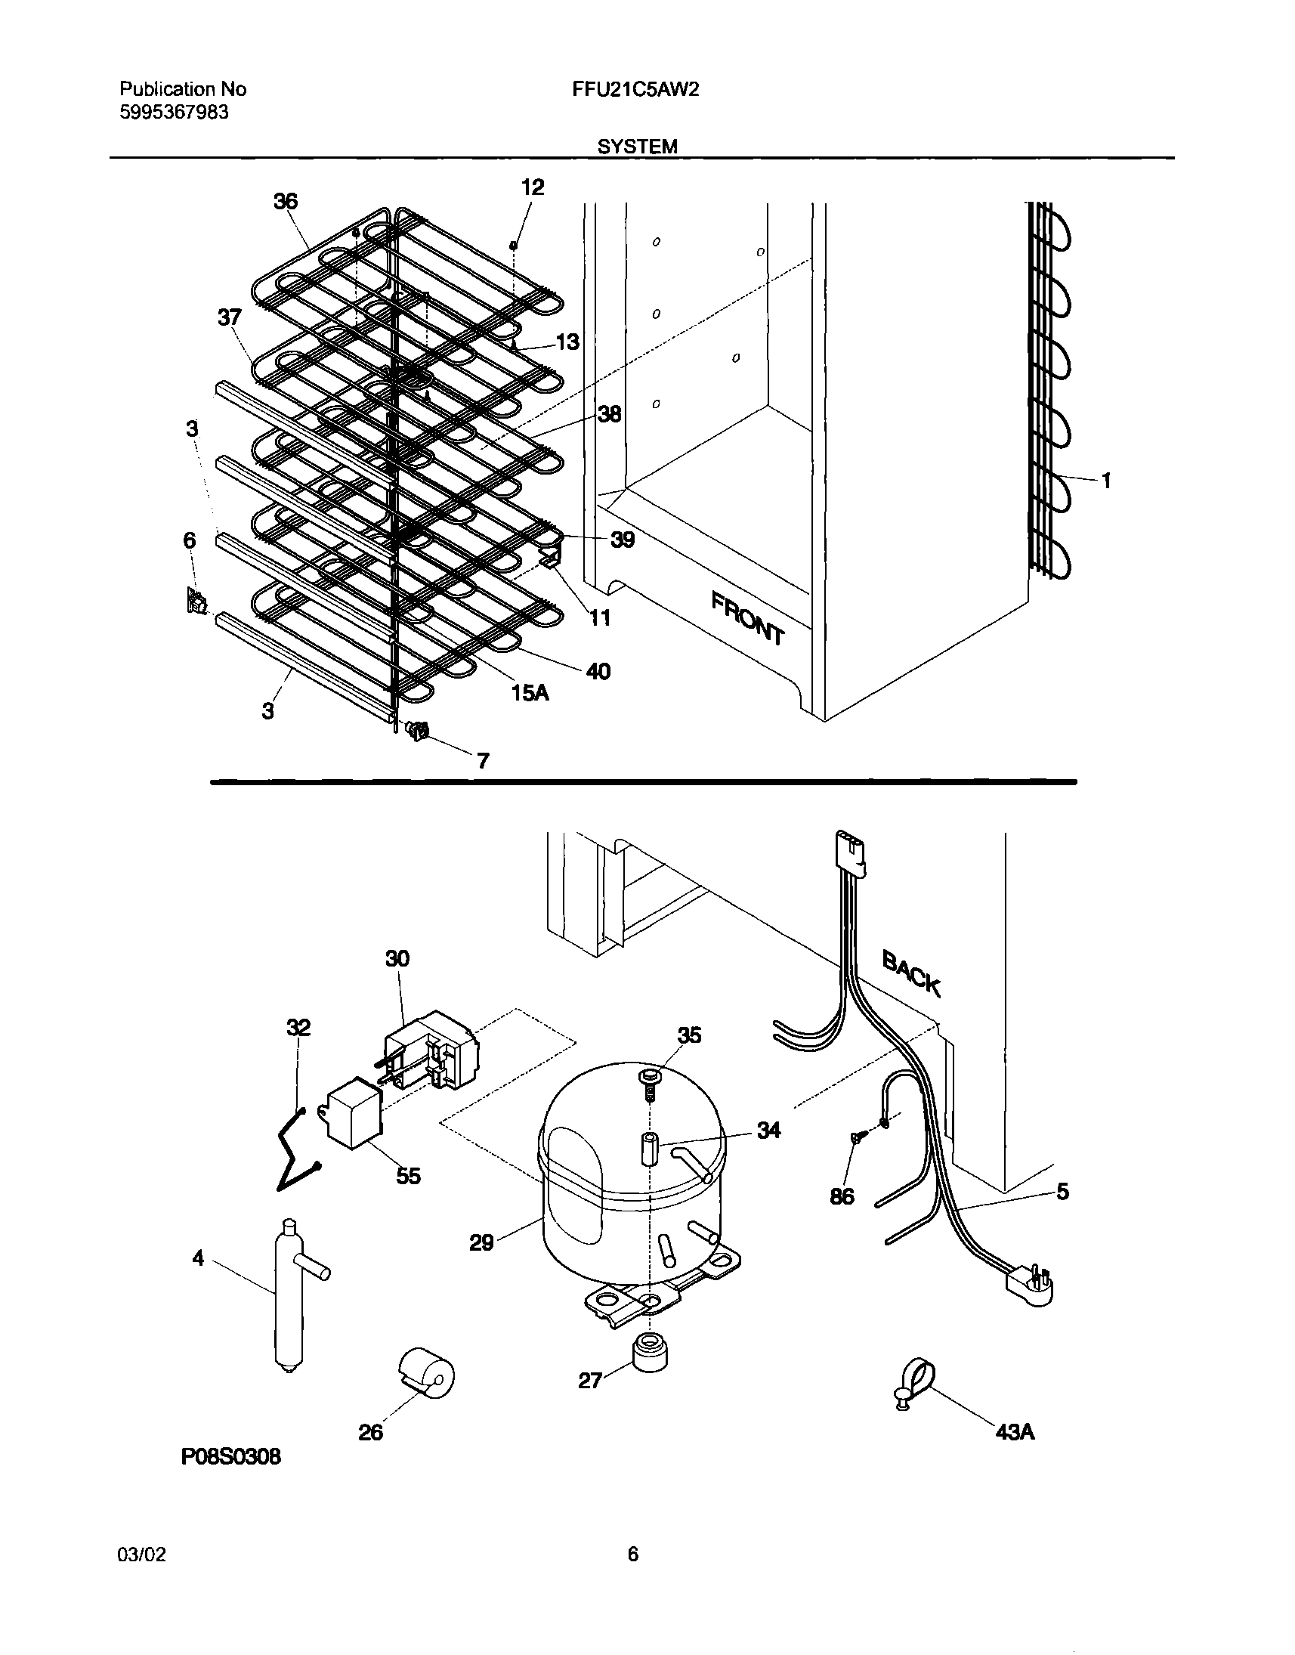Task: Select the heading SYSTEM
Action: point(638,147)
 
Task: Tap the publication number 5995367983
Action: point(175,113)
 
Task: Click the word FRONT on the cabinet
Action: point(746,618)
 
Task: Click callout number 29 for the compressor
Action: point(481,1242)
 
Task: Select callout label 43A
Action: point(1015,1431)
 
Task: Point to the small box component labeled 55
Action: point(354,1116)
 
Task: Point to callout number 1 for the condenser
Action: point(1106,479)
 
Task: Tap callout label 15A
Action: point(530,692)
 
